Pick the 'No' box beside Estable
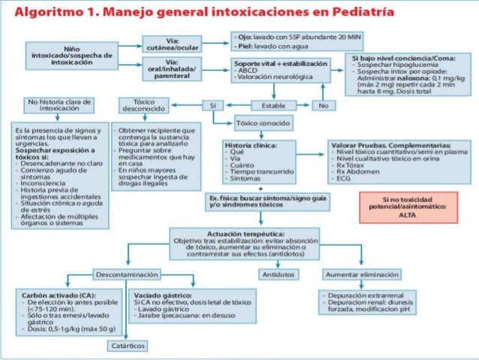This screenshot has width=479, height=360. click(324, 106)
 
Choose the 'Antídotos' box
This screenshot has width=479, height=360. click(276, 273)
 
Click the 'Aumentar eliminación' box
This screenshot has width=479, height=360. click(362, 273)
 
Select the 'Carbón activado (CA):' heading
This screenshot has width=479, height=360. click(54, 295)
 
